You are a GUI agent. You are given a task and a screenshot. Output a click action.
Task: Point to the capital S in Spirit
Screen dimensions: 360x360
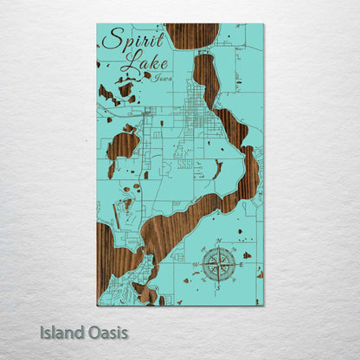[110, 39]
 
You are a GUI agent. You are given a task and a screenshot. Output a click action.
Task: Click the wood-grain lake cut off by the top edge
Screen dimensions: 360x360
[191, 35]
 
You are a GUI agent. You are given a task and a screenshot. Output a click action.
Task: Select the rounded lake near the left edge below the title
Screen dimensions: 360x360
[122, 145]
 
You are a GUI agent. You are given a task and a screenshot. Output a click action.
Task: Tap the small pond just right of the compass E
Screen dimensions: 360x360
[247, 255]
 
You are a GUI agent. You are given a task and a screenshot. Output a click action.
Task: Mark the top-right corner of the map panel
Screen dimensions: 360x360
[262, 25]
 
